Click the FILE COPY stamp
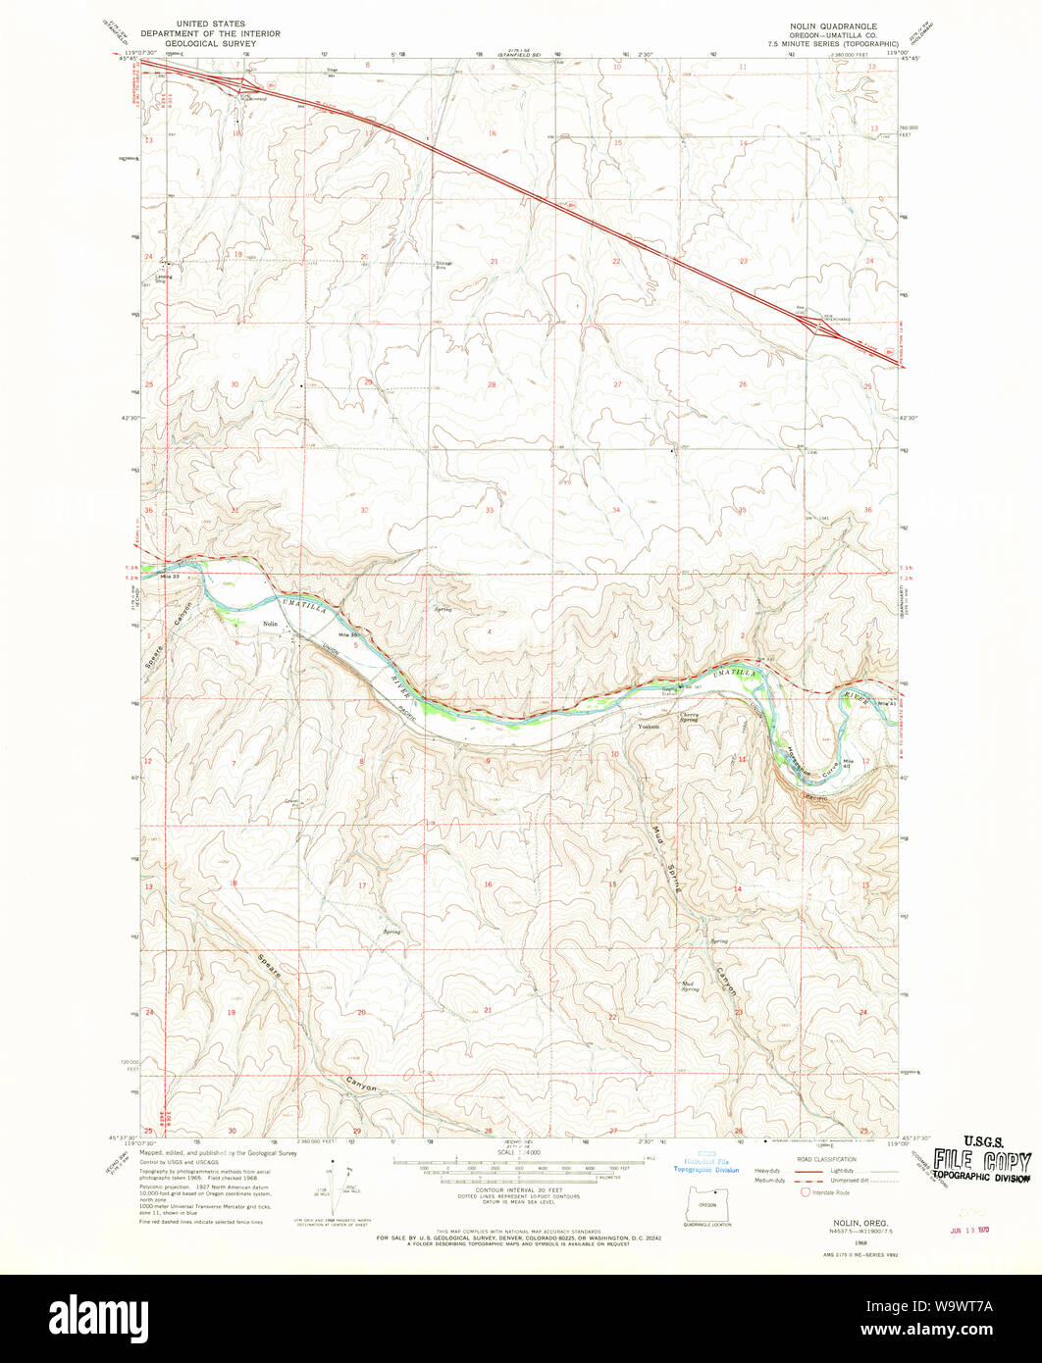pyautogui.click(x=981, y=1163)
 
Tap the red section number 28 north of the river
pyautogui.click(x=492, y=384)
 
